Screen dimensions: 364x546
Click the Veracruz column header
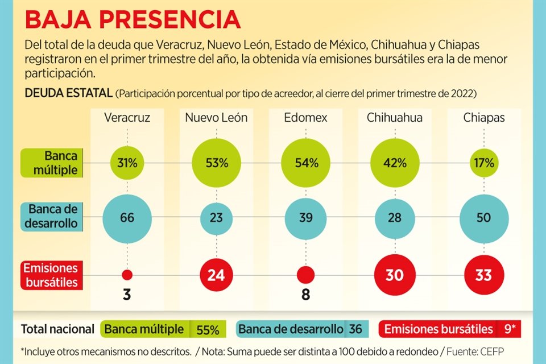(x=127, y=118)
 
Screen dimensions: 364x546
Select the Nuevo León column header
(x=216, y=118)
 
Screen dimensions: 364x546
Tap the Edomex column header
(x=306, y=118)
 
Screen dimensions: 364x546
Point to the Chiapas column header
(x=483, y=118)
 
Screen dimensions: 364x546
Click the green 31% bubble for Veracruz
(x=127, y=163)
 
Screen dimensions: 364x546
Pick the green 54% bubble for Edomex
(x=306, y=163)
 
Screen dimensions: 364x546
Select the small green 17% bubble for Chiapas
(x=483, y=163)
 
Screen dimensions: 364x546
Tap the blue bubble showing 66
(x=127, y=218)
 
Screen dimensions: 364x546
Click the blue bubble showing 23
(x=216, y=218)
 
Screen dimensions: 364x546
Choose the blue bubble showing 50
(x=483, y=218)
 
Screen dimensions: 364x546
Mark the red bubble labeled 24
(x=216, y=275)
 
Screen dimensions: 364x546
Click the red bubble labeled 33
(x=483, y=275)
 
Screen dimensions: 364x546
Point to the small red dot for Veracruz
(x=127, y=275)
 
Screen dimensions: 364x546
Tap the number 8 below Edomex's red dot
(x=306, y=296)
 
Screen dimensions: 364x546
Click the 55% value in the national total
(x=208, y=329)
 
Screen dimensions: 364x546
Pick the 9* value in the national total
(x=507, y=329)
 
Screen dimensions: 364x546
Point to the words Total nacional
(x=57, y=329)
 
